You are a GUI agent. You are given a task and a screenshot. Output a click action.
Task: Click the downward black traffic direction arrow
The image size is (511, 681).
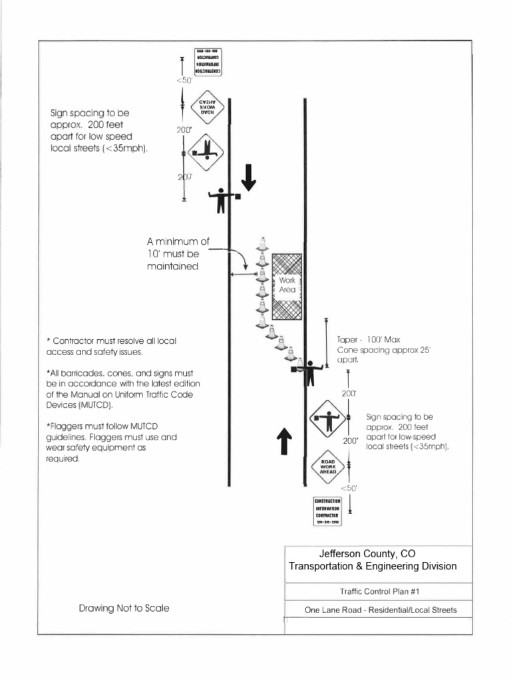(248, 177)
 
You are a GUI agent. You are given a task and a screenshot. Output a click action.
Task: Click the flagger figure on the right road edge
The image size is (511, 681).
(309, 371)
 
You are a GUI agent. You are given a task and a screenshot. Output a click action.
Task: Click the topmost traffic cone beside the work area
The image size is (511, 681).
(262, 245)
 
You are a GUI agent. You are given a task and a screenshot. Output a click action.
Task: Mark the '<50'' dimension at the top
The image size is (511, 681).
(183, 80)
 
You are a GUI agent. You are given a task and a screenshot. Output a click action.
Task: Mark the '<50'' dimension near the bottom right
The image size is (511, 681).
(349, 488)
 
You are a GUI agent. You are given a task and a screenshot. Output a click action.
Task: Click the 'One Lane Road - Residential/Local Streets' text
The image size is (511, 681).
(380, 610)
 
